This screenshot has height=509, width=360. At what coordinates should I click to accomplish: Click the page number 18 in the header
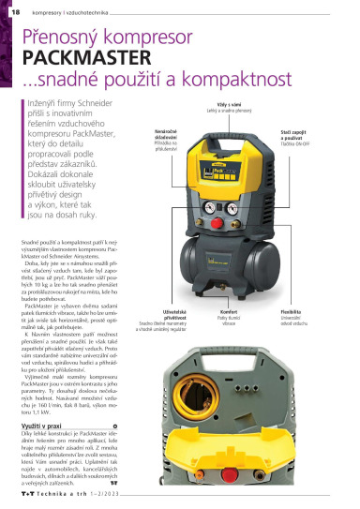(16, 12)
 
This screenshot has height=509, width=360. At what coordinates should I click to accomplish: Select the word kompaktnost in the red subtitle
(187, 81)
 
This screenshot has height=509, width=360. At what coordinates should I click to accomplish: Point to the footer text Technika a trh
(64, 498)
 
